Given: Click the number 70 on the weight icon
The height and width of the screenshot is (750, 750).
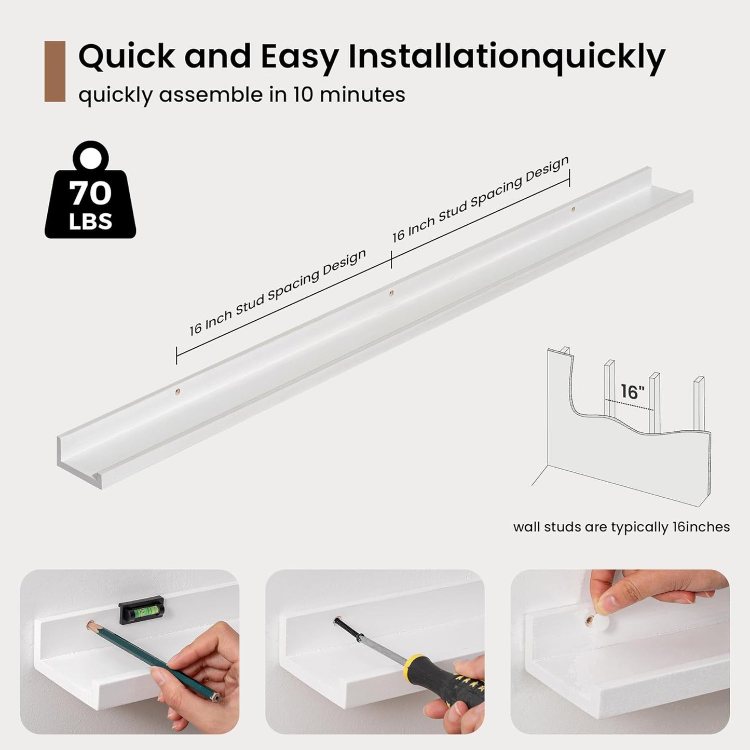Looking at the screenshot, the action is click(90, 194).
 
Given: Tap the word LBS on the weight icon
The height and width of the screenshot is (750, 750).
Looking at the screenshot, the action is click(91, 221).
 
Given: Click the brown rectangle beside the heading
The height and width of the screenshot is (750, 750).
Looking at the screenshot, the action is click(55, 71).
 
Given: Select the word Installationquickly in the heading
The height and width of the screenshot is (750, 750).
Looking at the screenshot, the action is click(507, 57).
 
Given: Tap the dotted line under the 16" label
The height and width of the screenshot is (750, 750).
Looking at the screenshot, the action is click(629, 404).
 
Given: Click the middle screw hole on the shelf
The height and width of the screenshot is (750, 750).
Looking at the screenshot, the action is click(391, 293).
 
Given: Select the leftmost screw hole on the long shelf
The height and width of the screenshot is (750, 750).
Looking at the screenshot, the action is click(178, 391).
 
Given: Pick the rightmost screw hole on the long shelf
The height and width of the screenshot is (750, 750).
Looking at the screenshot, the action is click(573, 209).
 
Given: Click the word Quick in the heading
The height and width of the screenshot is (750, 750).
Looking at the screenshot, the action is click(127, 57).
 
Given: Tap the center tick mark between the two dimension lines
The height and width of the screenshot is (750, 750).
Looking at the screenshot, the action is click(391, 260).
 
